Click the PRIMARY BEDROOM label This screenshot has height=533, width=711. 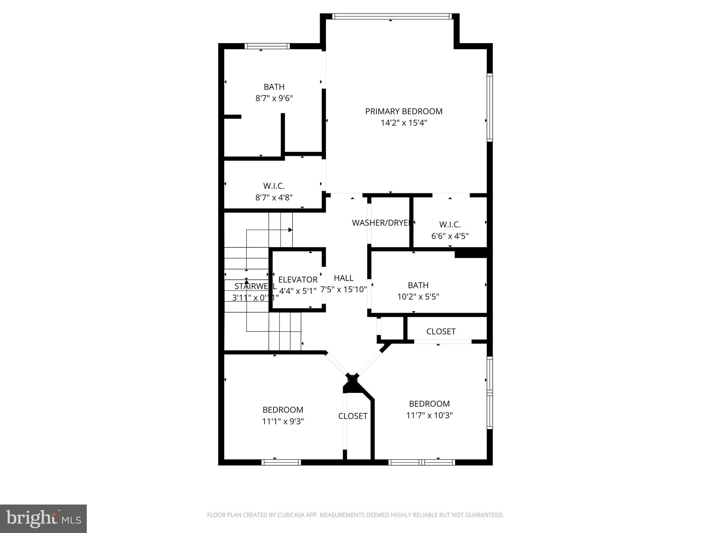(x=403, y=111)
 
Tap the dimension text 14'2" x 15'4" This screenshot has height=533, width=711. (x=403, y=123)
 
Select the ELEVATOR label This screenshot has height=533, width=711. (x=298, y=280)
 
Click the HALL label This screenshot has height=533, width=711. (x=344, y=278)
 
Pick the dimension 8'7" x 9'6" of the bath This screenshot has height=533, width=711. (x=274, y=98)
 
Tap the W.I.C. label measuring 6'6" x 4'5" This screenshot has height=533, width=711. (x=450, y=225)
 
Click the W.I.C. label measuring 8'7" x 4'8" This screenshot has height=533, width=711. (x=274, y=186)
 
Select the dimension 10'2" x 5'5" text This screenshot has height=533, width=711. (x=418, y=297)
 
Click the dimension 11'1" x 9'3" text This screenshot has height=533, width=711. (x=283, y=421)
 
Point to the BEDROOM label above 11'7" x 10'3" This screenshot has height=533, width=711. (x=429, y=404)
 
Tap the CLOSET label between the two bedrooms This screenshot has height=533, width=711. (x=353, y=416)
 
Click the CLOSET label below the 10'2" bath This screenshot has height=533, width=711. (x=441, y=331)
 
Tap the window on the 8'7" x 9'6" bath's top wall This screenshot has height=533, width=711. (x=267, y=46)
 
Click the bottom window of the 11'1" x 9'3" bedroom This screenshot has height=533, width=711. (x=281, y=462)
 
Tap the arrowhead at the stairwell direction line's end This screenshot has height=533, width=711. (x=291, y=230)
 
